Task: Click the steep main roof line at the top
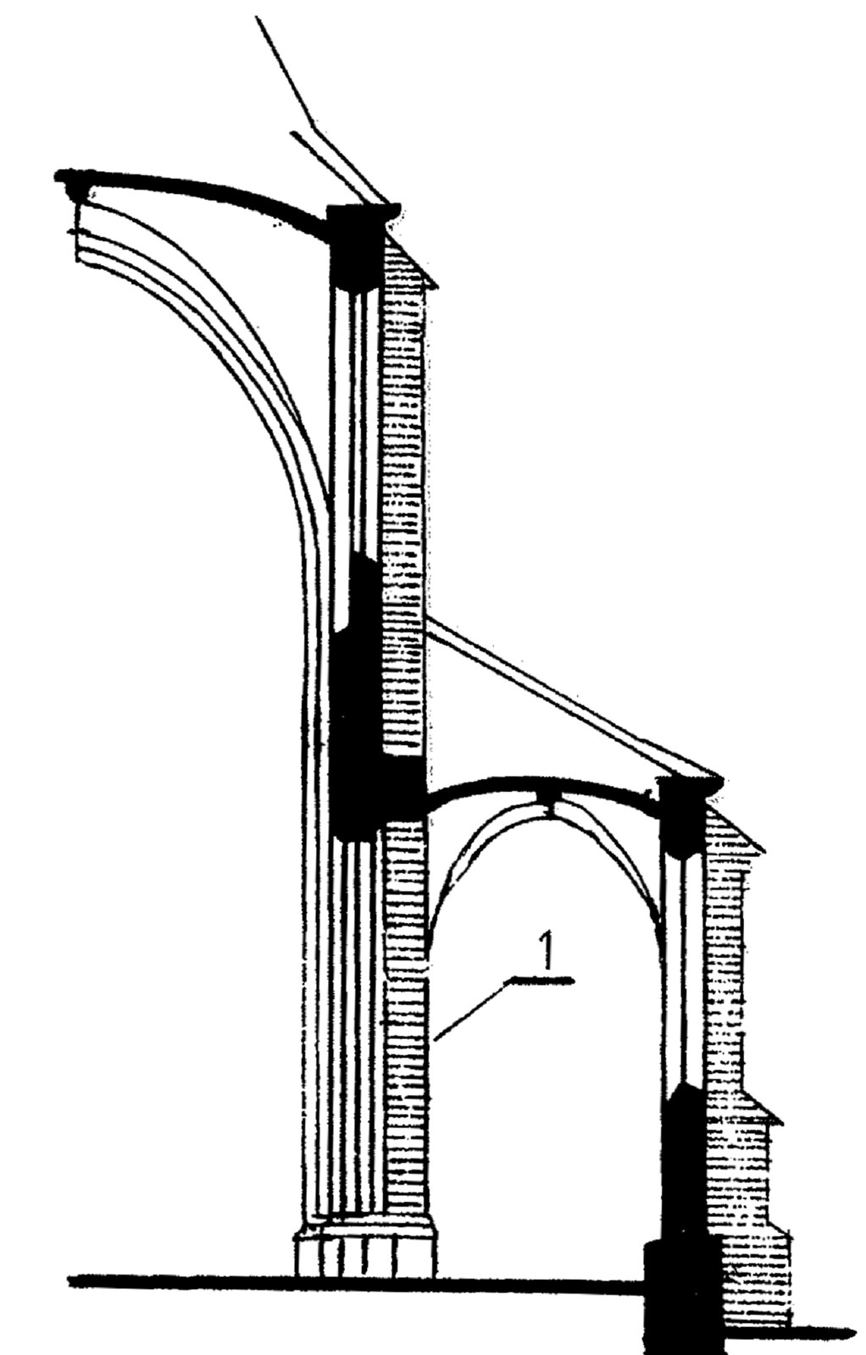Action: (x=321, y=109)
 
